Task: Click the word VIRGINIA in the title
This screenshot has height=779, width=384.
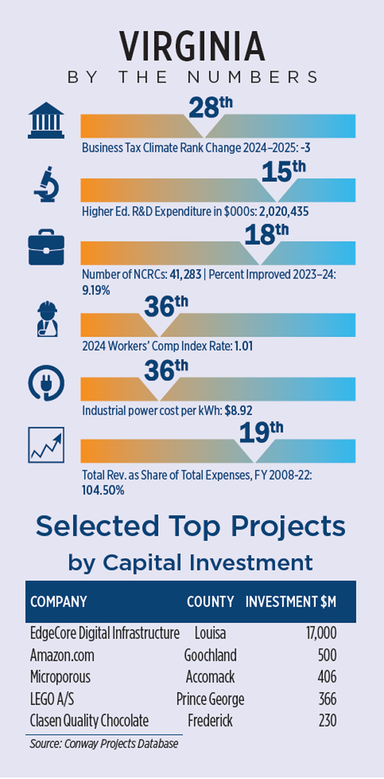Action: tap(192, 46)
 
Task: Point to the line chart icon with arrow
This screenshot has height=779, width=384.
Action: tap(46, 445)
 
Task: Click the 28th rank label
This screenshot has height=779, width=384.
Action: tap(204, 106)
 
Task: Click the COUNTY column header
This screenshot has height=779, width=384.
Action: tap(210, 602)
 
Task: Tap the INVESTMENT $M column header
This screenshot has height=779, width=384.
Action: tap(291, 602)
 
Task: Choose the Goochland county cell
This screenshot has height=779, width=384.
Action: tap(210, 655)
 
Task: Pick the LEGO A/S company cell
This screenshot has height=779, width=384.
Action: tap(56, 699)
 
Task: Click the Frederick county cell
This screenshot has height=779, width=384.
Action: tap(210, 721)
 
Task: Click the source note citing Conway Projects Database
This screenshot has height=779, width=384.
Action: tap(104, 744)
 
